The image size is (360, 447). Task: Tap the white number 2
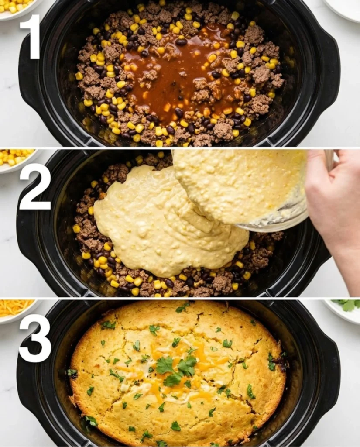click(x=35, y=186)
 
